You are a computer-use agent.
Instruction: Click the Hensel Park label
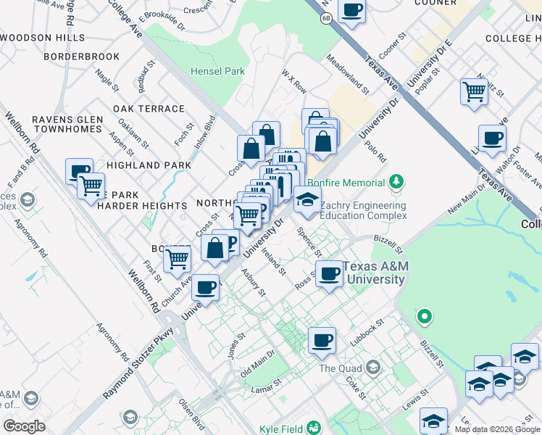click(x=217, y=71)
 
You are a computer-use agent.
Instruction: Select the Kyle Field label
click(x=285, y=429)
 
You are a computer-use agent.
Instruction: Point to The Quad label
click(x=339, y=368)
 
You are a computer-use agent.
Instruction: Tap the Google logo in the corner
click(x=24, y=426)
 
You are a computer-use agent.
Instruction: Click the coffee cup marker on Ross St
click(x=330, y=274)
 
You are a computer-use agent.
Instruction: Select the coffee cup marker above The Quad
click(x=322, y=340)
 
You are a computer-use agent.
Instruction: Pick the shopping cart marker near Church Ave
click(x=177, y=258)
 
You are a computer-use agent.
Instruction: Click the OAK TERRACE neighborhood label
click(x=149, y=109)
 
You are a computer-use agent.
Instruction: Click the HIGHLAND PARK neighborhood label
click(x=149, y=165)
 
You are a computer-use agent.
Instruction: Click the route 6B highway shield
click(x=327, y=19)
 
